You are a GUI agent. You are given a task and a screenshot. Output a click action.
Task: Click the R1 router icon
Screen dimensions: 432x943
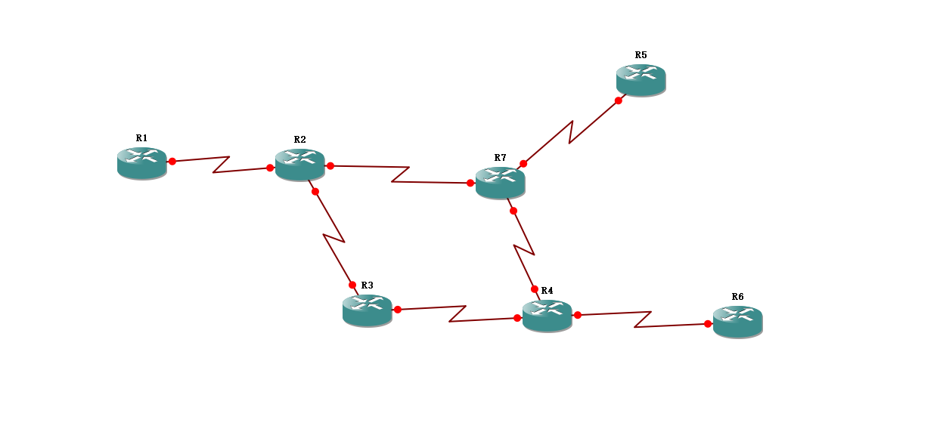142,162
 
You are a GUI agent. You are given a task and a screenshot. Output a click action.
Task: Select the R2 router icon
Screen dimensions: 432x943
300,164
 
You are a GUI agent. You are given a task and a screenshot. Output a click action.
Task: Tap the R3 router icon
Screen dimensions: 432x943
368,310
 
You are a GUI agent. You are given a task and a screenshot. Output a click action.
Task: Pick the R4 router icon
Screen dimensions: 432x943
547,315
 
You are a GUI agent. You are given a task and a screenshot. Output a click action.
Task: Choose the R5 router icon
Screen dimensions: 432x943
641,79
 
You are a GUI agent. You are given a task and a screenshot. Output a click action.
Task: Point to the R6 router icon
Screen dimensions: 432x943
737,321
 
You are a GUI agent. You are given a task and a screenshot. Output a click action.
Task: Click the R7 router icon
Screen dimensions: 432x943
500,182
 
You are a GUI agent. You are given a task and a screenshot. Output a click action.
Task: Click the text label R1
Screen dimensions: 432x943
142,138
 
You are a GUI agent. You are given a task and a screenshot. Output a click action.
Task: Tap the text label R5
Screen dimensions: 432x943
641,55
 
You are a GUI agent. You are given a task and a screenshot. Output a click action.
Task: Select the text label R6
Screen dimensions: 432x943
738,297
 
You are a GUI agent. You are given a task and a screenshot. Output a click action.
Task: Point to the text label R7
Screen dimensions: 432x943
500,158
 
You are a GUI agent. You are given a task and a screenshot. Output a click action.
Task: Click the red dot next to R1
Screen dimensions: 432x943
172,161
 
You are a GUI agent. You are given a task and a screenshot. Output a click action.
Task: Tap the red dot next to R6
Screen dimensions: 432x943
708,324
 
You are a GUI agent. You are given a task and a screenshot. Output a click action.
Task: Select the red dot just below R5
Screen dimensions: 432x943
619,100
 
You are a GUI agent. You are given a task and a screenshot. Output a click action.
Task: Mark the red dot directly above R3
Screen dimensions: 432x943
352,285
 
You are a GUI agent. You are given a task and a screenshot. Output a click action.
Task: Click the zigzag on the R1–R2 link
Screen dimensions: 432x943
221,165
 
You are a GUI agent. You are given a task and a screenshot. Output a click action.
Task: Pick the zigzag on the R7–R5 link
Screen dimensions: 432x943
571,131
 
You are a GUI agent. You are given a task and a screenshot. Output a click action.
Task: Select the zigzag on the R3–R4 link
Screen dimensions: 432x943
458,313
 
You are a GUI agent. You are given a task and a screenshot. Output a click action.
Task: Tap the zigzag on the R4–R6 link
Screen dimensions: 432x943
643,319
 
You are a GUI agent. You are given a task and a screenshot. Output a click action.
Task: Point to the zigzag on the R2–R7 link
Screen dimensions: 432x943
401,174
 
